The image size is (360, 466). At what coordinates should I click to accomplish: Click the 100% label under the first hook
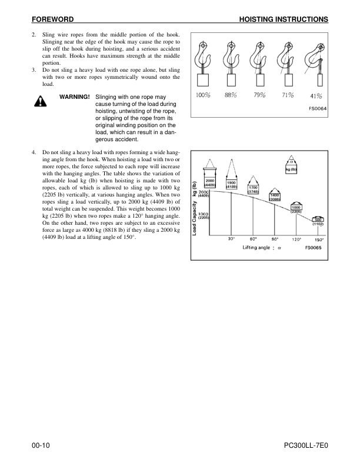pos(203,95)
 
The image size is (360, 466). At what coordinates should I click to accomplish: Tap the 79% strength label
pos(259,95)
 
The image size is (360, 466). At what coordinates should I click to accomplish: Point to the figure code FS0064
pos(318,108)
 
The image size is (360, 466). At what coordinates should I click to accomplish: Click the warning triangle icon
pos(40,101)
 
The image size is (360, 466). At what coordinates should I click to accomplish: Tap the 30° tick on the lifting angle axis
pos(232,239)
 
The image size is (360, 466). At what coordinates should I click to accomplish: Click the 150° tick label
pos(319,239)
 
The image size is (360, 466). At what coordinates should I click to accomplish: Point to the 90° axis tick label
pos(275,239)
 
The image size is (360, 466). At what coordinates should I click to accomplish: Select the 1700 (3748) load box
pos(253,190)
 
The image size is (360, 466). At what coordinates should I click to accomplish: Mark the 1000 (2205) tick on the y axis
pos(201,216)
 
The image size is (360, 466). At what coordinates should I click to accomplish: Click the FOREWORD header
pos(54,19)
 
